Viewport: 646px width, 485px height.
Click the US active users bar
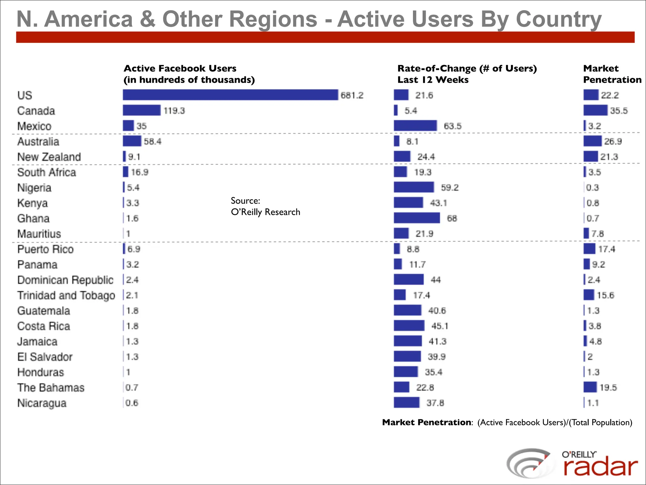[x=230, y=95]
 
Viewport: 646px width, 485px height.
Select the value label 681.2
[x=352, y=95]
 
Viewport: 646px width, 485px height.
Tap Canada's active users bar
[x=142, y=110]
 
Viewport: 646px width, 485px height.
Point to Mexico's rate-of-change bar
[x=415, y=126]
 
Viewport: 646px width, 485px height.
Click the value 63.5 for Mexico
[x=452, y=126]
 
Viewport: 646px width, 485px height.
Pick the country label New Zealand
[x=49, y=157]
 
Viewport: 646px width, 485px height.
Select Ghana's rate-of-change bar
[x=417, y=218]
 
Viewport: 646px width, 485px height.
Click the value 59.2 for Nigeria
[x=449, y=188]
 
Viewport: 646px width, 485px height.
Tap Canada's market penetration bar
[x=595, y=110]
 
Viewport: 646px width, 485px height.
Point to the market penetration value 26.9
[x=613, y=141]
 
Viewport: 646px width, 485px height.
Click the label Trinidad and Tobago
[x=66, y=295]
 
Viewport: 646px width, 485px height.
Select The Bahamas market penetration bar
[x=590, y=387]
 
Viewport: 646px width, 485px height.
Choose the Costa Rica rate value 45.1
[x=439, y=326]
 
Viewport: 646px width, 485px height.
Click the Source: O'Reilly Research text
[x=265, y=207]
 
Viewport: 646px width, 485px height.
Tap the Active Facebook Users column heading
[x=189, y=74]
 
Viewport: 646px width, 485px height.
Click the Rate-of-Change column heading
[x=467, y=74]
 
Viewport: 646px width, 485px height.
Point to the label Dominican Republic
[x=65, y=280]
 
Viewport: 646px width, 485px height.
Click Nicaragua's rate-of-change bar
[x=407, y=403]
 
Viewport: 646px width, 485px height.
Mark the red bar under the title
[x=325, y=37]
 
